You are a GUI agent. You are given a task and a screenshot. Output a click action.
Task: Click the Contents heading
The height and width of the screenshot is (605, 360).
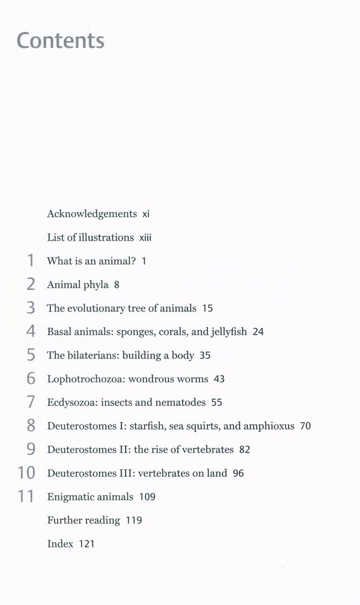61,41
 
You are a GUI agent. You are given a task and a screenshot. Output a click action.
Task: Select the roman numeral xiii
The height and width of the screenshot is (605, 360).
145,238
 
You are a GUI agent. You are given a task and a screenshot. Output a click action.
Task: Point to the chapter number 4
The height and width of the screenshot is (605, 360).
31,332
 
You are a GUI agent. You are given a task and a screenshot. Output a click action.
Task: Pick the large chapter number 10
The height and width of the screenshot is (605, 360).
27,473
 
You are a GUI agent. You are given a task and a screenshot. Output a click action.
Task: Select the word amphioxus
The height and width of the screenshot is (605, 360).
269,426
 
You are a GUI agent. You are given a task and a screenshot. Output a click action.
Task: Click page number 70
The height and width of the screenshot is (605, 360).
305,426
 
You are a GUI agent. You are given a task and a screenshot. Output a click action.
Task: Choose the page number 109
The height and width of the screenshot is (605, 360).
147,497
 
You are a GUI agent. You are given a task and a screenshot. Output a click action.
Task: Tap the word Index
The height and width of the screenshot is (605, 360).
60,544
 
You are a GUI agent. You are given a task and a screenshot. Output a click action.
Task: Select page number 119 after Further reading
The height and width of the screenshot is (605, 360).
134,520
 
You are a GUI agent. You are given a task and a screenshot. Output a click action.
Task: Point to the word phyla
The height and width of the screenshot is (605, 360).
97,285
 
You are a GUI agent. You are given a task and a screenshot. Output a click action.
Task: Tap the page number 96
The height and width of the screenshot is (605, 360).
238,473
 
